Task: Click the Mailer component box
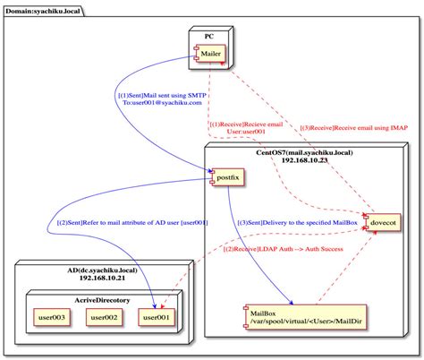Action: pyautogui.click(x=209, y=54)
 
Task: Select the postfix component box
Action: pyautogui.click(x=227, y=177)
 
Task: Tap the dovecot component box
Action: pyautogui.click(x=383, y=222)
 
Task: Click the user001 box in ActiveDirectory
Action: pyautogui.click(x=157, y=317)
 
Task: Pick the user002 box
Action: pyautogui.click(x=104, y=317)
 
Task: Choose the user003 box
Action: pyautogui.click(x=52, y=317)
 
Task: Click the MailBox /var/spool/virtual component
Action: pyautogui.click(x=305, y=317)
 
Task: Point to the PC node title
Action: pyautogui.click(x=209, y=37)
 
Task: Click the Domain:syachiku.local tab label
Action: pyautogui.click(x=43, y=12)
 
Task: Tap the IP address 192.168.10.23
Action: pyautogui.click(x=304, y=160)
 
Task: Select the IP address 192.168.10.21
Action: pyautogui.click(x=102, y=278)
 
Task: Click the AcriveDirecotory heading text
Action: pyautogui.click(x=102, y=300)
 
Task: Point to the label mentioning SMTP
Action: pyautogui.click(x=162, y=99)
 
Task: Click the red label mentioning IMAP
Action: pyautogui.click(x=353, y=128)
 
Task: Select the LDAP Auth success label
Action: pyautogui.click(x=284, y=249)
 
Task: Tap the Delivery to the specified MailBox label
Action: pyautogui.click(x=297, y=222)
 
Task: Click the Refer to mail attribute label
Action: pyautogui.click(x=132, y=222)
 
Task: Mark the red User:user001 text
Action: pyautogui.click(x=246, y=132)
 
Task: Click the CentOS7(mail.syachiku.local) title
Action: pyautogui.click(x=304, y=153)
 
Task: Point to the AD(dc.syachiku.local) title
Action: pyautogui.click(x=102, y=270)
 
